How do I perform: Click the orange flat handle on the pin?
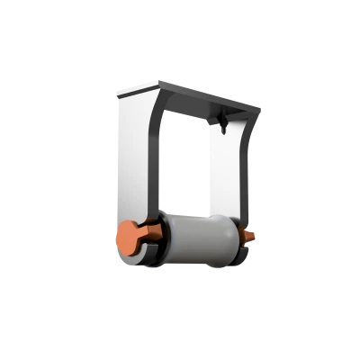(x=130, y=236)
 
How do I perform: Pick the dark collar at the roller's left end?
(x=161, y=238)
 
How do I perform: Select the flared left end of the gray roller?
(x=171, y=238)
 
